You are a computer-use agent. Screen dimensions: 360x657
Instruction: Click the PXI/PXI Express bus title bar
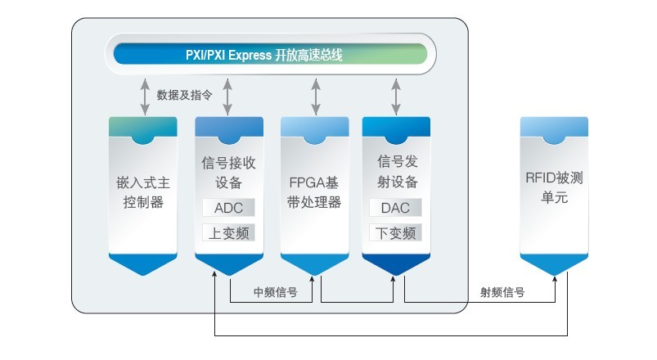[x=270, y=56]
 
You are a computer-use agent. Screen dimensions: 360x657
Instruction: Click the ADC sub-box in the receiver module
[x=229, y=207]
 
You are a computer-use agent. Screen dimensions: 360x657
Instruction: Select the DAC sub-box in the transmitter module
[x=396, y=207]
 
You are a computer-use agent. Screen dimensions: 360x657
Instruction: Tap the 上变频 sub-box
[x=229, y=232]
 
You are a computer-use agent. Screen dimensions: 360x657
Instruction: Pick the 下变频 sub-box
[x=396, y=232]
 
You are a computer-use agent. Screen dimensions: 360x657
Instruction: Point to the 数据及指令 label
[x=185, y=95]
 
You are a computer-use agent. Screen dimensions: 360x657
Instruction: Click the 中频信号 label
[x=275, y=291]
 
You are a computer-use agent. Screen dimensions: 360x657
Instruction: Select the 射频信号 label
[x=502, y=291]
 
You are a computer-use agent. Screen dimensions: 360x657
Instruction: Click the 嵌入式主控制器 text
[x=143, y=190]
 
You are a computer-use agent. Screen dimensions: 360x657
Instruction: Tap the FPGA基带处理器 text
[x=315, y=191]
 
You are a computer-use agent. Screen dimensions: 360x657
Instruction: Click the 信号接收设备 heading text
[x=229, y=171]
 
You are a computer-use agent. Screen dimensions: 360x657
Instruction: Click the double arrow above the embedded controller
[x=145, y=96]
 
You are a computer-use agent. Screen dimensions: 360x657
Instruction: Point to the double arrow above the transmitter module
[x=397, y=96]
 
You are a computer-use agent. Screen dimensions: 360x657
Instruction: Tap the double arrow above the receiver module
[x=228, y=96]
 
